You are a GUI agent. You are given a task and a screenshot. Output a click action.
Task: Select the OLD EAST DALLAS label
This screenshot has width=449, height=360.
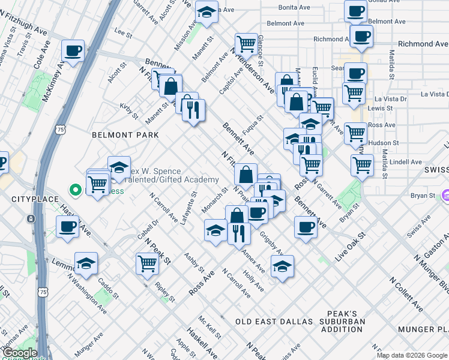[274, 322]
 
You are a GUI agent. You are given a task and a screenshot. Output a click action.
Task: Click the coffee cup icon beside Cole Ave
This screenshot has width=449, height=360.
[73, 52]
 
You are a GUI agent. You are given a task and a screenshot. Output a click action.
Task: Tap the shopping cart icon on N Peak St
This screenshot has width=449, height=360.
[147, 263]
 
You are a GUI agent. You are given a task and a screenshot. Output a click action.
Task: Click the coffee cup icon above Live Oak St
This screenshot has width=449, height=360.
[306, 227]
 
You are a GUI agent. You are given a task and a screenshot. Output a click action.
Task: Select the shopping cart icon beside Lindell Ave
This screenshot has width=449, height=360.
[362, 164]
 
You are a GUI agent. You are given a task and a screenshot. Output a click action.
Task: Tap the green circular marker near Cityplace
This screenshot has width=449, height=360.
[76, 191]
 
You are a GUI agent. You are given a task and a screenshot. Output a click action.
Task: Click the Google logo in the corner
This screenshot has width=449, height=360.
[20, 353]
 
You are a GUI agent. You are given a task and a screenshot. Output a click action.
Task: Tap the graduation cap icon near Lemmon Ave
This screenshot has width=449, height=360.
[86, 263]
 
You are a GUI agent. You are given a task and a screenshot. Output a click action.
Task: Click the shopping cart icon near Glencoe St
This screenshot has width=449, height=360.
[246, 43]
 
